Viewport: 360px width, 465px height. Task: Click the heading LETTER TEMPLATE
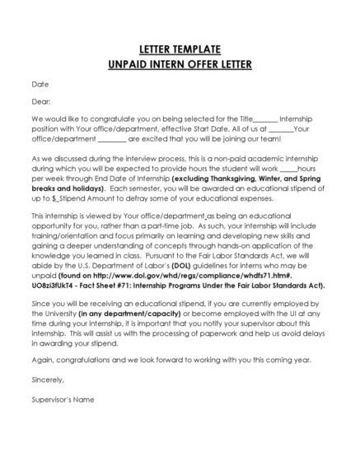[x=180, y=49]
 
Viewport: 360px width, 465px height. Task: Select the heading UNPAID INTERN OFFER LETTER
[x=180, y=63]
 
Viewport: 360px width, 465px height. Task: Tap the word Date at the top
[x=40, y=84]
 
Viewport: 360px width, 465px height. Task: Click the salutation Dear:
[x=41, y=102]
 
